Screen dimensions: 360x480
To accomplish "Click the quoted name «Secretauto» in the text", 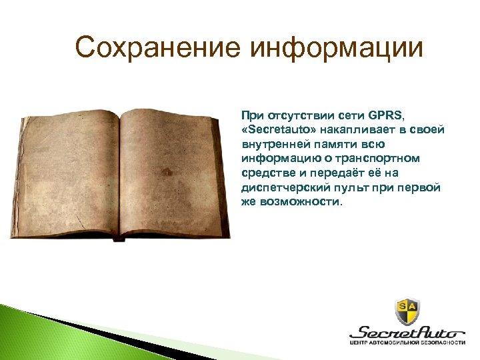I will (275, 129).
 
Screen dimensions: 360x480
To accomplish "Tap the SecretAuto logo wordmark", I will (407, 331).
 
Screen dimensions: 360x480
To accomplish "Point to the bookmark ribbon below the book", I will (119, 239).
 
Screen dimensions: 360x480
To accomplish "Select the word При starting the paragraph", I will (251, 115).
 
